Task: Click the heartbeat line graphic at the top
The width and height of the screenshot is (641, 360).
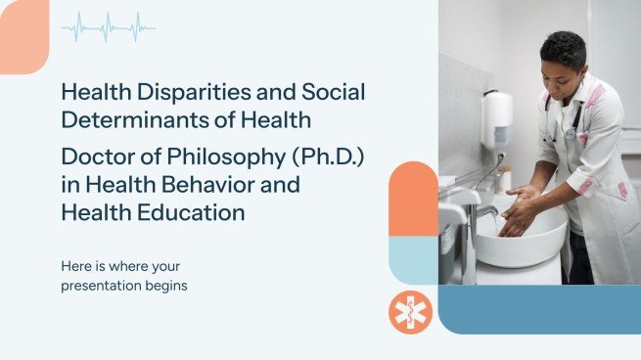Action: (x=108, y=27)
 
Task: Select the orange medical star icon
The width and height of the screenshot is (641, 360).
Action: (x=410, y=312)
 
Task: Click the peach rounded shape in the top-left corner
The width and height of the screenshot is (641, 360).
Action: (x=22, y=35)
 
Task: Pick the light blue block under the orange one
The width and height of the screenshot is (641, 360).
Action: (x=413, y=260)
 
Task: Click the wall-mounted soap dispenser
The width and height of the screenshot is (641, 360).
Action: (x=496, y=119)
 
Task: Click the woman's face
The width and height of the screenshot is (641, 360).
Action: (x=565, y=73)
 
